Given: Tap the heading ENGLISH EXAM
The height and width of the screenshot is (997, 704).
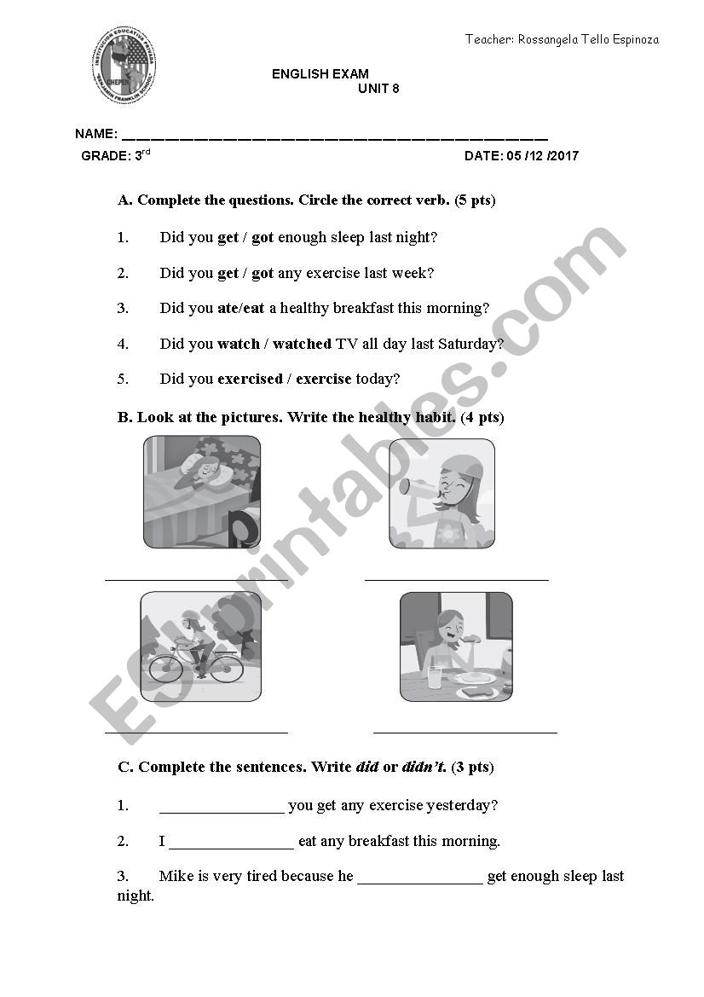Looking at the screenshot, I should click(x=320, y=74).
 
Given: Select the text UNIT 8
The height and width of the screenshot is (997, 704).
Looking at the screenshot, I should click(x=379, y=88).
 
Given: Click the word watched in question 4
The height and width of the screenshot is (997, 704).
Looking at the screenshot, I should click(x=302, y=344).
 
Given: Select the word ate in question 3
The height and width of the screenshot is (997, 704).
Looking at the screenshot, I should click(x=228, y=308).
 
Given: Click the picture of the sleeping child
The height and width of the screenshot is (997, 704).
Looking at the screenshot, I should click(x=202, y=491).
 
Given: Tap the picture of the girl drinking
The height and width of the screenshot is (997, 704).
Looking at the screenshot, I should click(x=441, y=493).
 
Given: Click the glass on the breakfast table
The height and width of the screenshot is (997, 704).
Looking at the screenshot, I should click(x=435, y=677).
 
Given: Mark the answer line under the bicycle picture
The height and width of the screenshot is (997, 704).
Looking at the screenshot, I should click(x=196, y=731).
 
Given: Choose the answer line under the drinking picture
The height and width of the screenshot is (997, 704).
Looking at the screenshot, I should click(x=456, y=579).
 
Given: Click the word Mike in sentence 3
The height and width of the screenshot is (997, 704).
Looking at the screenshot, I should click(x=175, y=876).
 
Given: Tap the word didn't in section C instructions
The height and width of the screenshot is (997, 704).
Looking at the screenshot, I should click(x=424, y=767).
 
